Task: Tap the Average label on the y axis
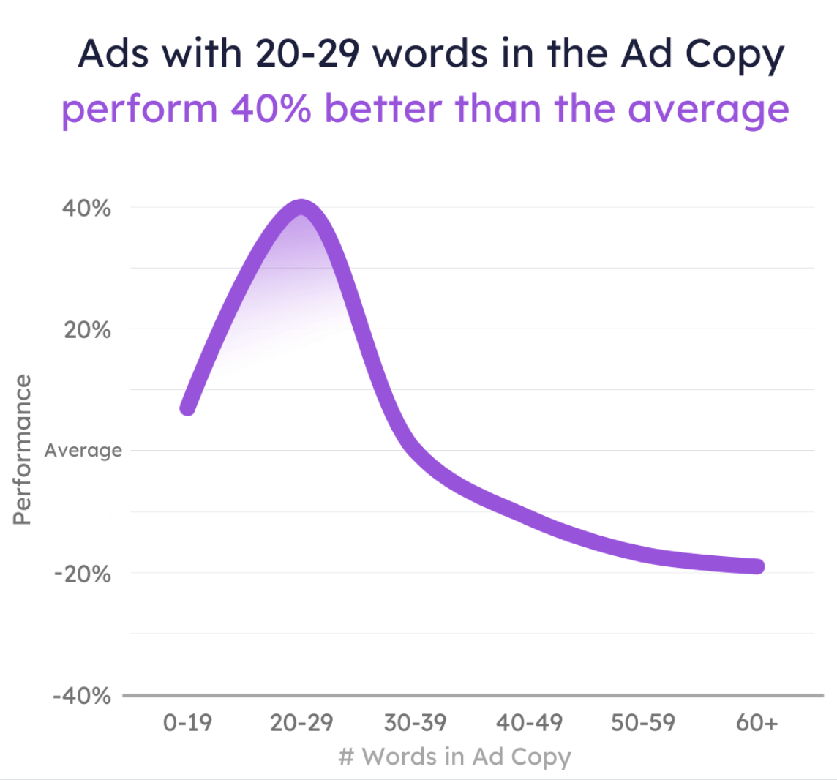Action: coord(83,451)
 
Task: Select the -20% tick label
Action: coord(83,574)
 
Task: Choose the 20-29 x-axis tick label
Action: coord(301,724)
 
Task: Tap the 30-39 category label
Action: coord(415,724)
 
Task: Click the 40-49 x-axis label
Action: coord(529,724)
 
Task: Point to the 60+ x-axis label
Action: coord(757,724)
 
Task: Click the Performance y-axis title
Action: coord(23,449)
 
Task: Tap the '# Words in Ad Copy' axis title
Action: coord(454,757)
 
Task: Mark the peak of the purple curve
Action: coord(301,207)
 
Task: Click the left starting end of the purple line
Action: coord(188,408)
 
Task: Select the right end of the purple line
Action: coord(757,566)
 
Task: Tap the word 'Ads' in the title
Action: coord(110,53)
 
